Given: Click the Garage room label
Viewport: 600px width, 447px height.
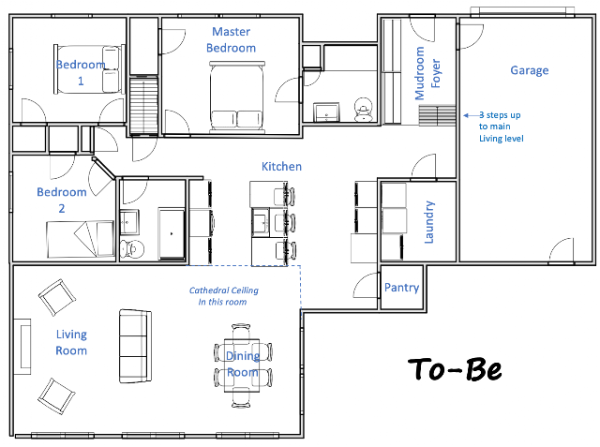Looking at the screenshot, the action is tap(529, 70).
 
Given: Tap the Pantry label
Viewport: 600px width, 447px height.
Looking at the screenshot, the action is tap(401, 287).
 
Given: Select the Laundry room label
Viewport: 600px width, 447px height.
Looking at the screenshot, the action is tap(429, 222).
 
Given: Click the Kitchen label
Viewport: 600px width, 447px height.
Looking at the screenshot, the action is tap(281, 166).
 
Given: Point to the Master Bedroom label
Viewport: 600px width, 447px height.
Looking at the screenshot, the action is tap(232, 39).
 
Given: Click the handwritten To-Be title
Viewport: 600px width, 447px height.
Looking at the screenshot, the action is tap(455, 369).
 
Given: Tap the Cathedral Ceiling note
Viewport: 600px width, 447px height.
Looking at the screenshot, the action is tap(224, 296).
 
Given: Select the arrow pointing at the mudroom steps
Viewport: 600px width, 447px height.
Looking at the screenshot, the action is tap(472, 115).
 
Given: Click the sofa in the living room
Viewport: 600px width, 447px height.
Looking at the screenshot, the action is tap(135, 346).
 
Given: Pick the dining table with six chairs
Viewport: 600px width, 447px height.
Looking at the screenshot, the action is tap(243, 365).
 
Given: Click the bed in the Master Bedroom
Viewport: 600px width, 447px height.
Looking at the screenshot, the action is tap(237, 97).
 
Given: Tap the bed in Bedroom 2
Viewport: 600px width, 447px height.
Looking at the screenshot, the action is tap(81, 239).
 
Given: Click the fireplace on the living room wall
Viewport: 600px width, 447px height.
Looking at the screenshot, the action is tap(22, 347).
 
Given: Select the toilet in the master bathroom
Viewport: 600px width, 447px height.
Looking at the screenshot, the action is tap(363, 110).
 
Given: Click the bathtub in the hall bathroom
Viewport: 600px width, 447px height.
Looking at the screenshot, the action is tap(172, 233).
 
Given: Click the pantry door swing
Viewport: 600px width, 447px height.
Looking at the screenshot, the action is tap(366, 285).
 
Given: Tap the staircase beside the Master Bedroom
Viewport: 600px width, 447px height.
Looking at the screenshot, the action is tap(143, 105).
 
